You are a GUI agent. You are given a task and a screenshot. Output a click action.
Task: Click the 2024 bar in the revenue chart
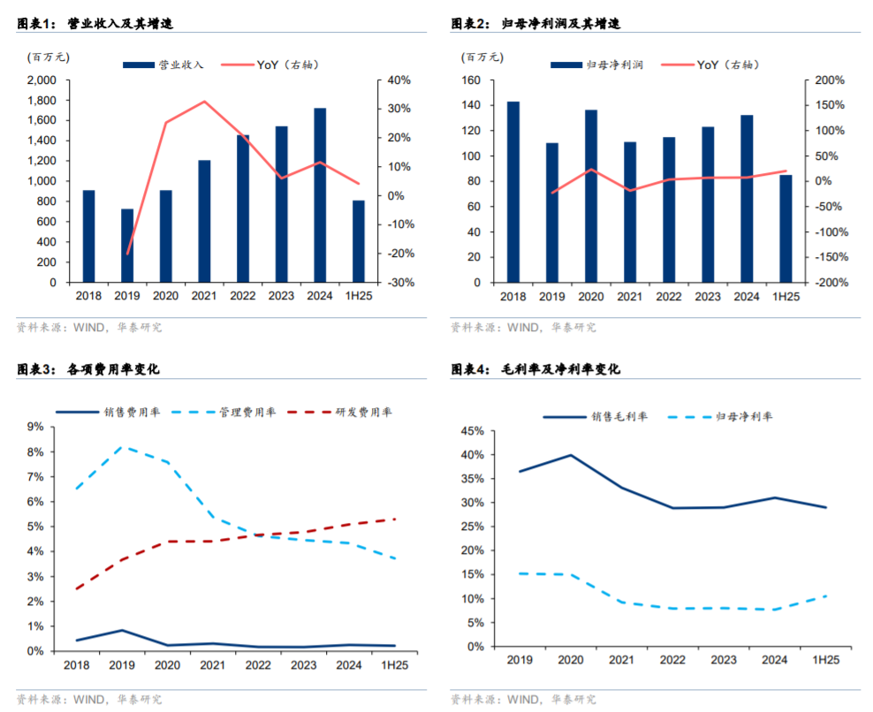(320, 194)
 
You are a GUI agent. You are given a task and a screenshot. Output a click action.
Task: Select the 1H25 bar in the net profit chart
(786, 228)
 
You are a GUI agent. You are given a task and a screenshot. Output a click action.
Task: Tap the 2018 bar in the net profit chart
(512, 192)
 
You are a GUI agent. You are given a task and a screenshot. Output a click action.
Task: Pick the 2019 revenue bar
(127, 245)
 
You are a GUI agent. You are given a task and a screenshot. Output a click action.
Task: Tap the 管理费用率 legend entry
(247, 412)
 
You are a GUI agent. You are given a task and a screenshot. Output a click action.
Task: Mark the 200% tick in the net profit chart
(830, 80)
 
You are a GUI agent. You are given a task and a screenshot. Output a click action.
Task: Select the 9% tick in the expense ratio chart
(35, 427)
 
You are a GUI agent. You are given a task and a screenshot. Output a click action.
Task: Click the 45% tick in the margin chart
(470, 431)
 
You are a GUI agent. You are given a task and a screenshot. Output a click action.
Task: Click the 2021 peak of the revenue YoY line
(204, 101)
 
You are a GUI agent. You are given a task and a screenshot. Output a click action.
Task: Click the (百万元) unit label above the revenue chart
(48, 57)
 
